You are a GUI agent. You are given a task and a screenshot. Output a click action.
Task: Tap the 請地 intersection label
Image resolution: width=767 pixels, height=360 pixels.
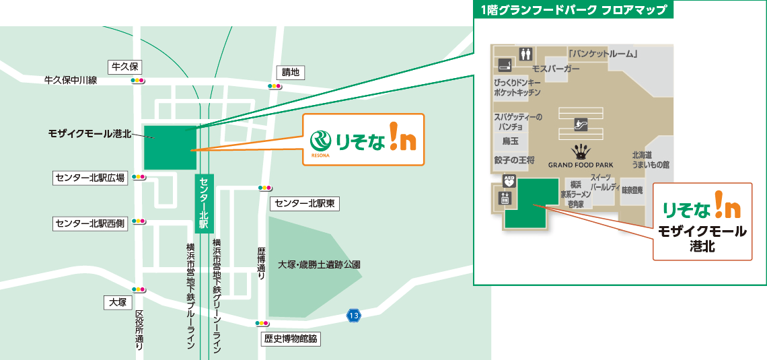click(291, 73)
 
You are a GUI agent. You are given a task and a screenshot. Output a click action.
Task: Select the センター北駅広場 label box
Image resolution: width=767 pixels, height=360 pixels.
click(90, 178)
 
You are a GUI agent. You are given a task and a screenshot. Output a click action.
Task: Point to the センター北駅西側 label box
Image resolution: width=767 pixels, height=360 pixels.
click(90, 223)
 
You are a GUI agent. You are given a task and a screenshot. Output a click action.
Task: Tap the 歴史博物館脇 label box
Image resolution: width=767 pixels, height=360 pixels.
click(291, 339)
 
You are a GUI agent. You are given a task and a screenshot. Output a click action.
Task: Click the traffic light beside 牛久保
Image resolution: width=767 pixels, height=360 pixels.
click(138, 81)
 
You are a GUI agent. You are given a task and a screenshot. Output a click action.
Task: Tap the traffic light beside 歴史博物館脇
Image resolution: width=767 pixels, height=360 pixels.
click(262, 324)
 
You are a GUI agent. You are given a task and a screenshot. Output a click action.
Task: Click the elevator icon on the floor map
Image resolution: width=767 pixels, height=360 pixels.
click(505, 198)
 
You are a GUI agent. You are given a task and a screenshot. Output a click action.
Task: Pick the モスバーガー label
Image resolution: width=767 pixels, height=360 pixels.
click(555, 69)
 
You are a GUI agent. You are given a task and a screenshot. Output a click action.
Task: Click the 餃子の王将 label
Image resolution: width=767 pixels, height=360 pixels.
click(514, 160)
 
